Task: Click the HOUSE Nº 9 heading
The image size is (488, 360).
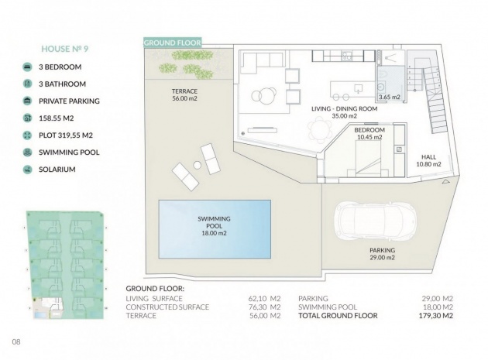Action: [x=65, y=49]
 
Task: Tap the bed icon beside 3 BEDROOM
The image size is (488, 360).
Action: [x=27, y=67]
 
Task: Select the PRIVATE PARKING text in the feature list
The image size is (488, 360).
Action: [x=69, y=101]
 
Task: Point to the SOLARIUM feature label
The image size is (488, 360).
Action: [x=57, y=170]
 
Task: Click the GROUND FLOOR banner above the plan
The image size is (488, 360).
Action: [x=173, y=43]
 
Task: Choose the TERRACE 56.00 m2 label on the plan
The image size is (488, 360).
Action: [x=184, y=95]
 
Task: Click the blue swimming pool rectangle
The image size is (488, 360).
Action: [x=215, y=229]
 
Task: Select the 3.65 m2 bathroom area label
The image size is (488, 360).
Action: [x=389, y=97]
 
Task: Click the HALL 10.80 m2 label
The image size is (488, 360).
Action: [x=428, y=160]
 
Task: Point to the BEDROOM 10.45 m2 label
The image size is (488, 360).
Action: [x=369, y=133]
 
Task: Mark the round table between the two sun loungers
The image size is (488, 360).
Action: [x=198, y=165]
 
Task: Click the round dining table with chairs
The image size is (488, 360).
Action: [x=320, y=129]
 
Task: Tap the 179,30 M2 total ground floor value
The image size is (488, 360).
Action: [x=435, y=316]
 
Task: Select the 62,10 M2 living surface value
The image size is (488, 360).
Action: [x=264, y=298]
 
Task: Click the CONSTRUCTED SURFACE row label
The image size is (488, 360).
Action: [x=167, y=307]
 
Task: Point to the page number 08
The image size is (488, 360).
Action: [x=16, y=341]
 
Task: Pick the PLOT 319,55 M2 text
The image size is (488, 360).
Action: [x=66, y=135]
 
